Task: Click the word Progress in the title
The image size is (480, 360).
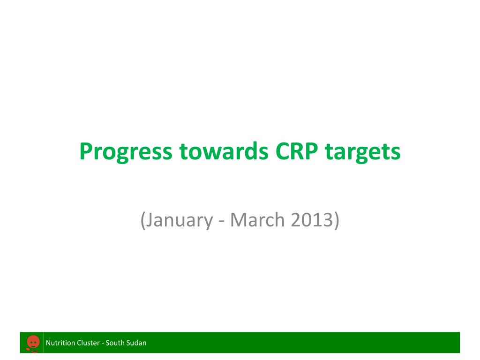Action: [x=126, y=152]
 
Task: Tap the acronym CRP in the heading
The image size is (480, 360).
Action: [x=297, y=151]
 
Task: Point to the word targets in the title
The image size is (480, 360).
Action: [x=363, y=152]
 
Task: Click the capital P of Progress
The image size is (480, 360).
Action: [x=86, y=151]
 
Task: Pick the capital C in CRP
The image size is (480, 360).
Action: [x=283, y=151]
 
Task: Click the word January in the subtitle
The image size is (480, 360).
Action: [x=179, y=220]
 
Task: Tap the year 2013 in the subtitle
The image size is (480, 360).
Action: [x=312, y=219]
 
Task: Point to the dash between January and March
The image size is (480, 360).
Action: [x=222, y=222]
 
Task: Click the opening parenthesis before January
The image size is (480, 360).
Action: [x=142, y=220]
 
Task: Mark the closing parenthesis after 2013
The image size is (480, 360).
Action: [x=337, y=220]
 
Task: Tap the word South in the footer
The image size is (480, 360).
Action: [x=113, y=343]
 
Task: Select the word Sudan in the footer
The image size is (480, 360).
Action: [x=135, y=343]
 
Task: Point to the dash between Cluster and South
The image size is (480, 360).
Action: [x=103, y=344]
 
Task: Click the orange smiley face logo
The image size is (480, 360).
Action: [x=33, y=343]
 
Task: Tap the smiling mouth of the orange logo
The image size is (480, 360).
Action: [x=33, y=346]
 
